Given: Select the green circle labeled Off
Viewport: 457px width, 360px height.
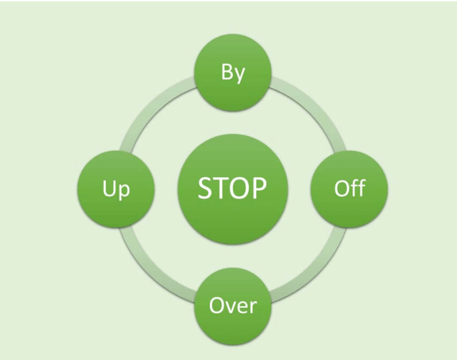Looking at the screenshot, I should tap(349, 188).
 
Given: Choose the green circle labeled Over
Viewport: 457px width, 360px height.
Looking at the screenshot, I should tap(233, 305).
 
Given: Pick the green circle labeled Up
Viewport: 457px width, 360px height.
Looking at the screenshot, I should tap(116, 188).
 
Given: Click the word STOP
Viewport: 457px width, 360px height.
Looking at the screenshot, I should tap(233, 188).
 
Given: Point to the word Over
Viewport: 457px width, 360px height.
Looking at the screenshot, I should tap(233, 305).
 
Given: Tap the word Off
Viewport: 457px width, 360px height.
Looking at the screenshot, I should tap(349, 188).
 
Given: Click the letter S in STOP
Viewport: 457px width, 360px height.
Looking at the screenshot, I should tap(206, 188).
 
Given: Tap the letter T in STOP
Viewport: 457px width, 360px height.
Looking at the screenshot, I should tap(221, 188).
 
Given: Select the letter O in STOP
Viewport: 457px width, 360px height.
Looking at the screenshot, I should tap(240, 188).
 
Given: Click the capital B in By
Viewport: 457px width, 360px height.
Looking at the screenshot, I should tap(227, 72).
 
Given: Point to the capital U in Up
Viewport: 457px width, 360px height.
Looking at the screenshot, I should tap(109, 188).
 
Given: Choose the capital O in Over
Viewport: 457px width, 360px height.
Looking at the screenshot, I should tap(217, 305).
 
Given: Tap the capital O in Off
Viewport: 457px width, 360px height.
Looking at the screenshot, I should tap(341, 188).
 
